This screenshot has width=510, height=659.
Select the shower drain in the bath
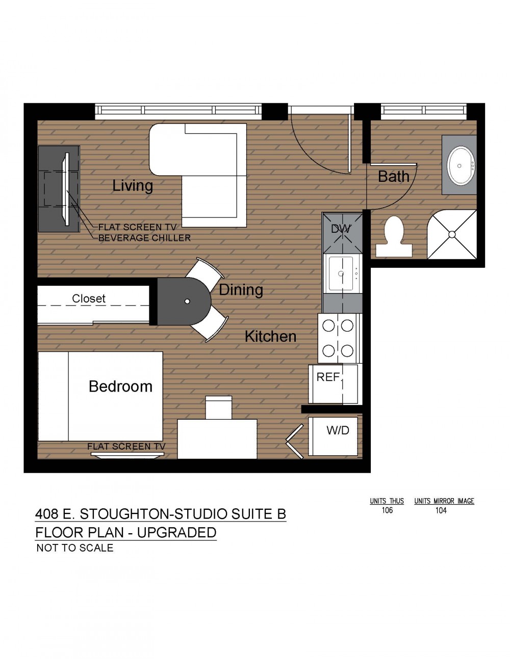click(x=452, y=234)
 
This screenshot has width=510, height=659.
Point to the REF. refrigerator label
click(x=329, y=377)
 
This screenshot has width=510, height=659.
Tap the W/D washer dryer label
click(x=338, y=430)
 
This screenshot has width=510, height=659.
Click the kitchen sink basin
click(x=341, y=273)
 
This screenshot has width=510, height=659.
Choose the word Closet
click(x=89, y=299)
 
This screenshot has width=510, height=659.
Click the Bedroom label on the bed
click(x=120, y=387)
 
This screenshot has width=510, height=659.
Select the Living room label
click(x=133, y=185)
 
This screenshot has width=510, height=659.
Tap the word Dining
click(x=241, y=290)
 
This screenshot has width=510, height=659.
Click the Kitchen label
click(x=270, y=336)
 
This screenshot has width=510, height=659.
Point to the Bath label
click(x=394, y=176)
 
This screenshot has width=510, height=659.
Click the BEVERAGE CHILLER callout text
click(x=145, y=238)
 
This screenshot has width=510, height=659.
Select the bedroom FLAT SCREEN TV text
click(x=126, y=447)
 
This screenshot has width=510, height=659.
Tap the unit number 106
click(x=387, y=510)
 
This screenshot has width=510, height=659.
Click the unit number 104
click(x=441, y=510)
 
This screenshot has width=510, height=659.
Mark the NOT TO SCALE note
click(x=75, y=548)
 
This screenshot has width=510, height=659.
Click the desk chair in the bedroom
click(x=219, y=407)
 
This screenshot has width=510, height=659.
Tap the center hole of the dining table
click(x=187, y=301)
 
